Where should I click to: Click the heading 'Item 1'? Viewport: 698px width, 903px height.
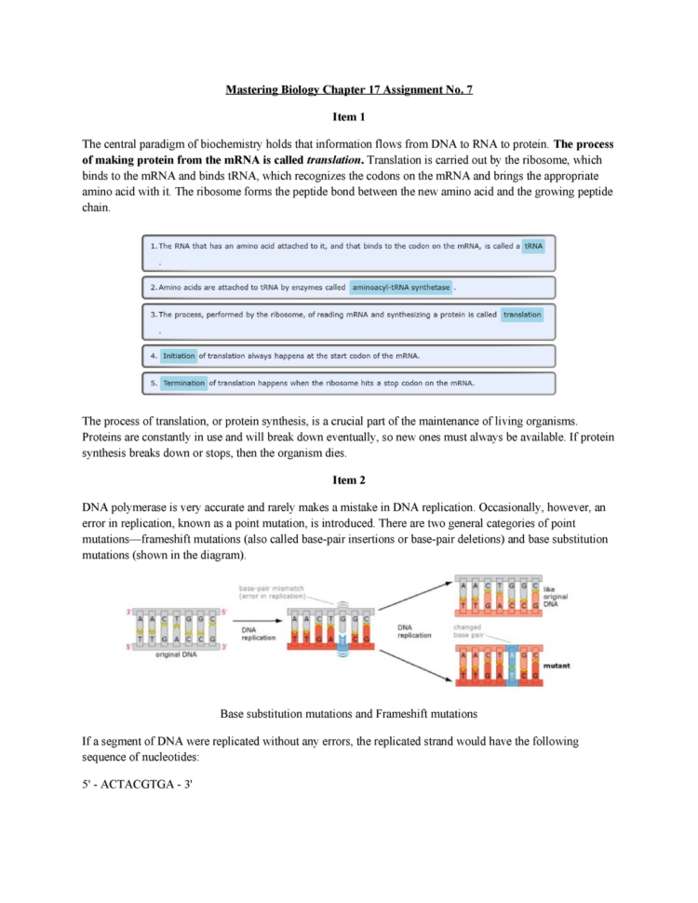pos(349,117)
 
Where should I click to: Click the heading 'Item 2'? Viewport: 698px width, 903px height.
pos(349,480)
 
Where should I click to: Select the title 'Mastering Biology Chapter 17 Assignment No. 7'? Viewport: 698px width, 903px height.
pos(349,90)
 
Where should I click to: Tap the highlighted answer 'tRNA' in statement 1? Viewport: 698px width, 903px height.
pos(533,246)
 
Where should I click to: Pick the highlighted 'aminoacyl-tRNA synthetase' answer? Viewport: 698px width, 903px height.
pos(401,287)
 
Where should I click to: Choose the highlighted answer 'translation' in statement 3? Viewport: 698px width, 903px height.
pos(521,315)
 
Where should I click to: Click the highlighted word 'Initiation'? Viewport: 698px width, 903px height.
pos(178,356)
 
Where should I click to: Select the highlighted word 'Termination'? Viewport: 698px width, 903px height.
pos(183,383)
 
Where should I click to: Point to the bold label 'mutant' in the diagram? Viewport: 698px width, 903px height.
pos(557,667)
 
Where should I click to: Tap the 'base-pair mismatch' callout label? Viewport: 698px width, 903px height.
pos(270,592)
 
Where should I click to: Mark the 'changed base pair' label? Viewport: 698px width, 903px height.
pos(467,631)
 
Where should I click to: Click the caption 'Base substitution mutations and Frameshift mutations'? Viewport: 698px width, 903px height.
pos(349,714)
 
